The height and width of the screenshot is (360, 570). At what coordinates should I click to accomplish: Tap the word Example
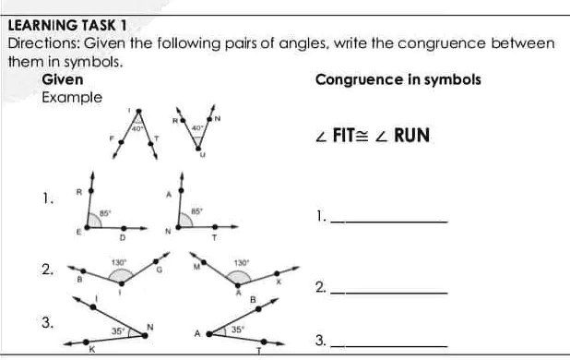click(x=72, y=96)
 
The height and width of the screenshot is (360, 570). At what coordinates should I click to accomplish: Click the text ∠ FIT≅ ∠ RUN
click(x=371, y=136)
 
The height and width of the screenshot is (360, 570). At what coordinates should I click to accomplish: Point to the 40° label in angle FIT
click(x=137, y=130)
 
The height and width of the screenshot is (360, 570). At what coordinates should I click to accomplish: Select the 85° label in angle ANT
click(x=196, y=211)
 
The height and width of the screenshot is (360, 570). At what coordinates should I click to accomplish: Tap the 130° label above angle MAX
click(x=241, y=263)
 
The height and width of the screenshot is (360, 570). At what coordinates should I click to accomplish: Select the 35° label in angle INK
click(x=118, y=330)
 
